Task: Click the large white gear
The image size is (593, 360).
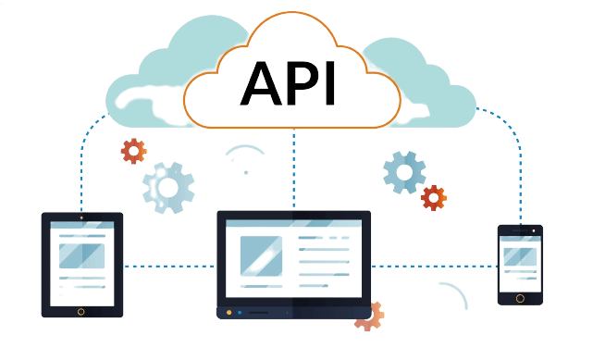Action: (168, 187)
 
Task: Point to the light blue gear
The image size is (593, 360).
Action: (404, 171)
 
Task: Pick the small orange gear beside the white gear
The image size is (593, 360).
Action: (133, 150)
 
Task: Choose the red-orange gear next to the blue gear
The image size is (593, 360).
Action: (432, 197)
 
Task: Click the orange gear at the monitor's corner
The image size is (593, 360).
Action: (369, 317)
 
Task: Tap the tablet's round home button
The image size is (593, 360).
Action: (80, 311)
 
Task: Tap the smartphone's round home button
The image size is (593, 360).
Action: (519, 298)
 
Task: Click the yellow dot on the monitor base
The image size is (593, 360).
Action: (229, 312)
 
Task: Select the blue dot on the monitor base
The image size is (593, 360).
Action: (240, 312)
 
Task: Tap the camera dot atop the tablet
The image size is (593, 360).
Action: (80, 217)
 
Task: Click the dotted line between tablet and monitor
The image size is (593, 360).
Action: (168, 267)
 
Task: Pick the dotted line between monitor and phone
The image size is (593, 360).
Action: (434, 267)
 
